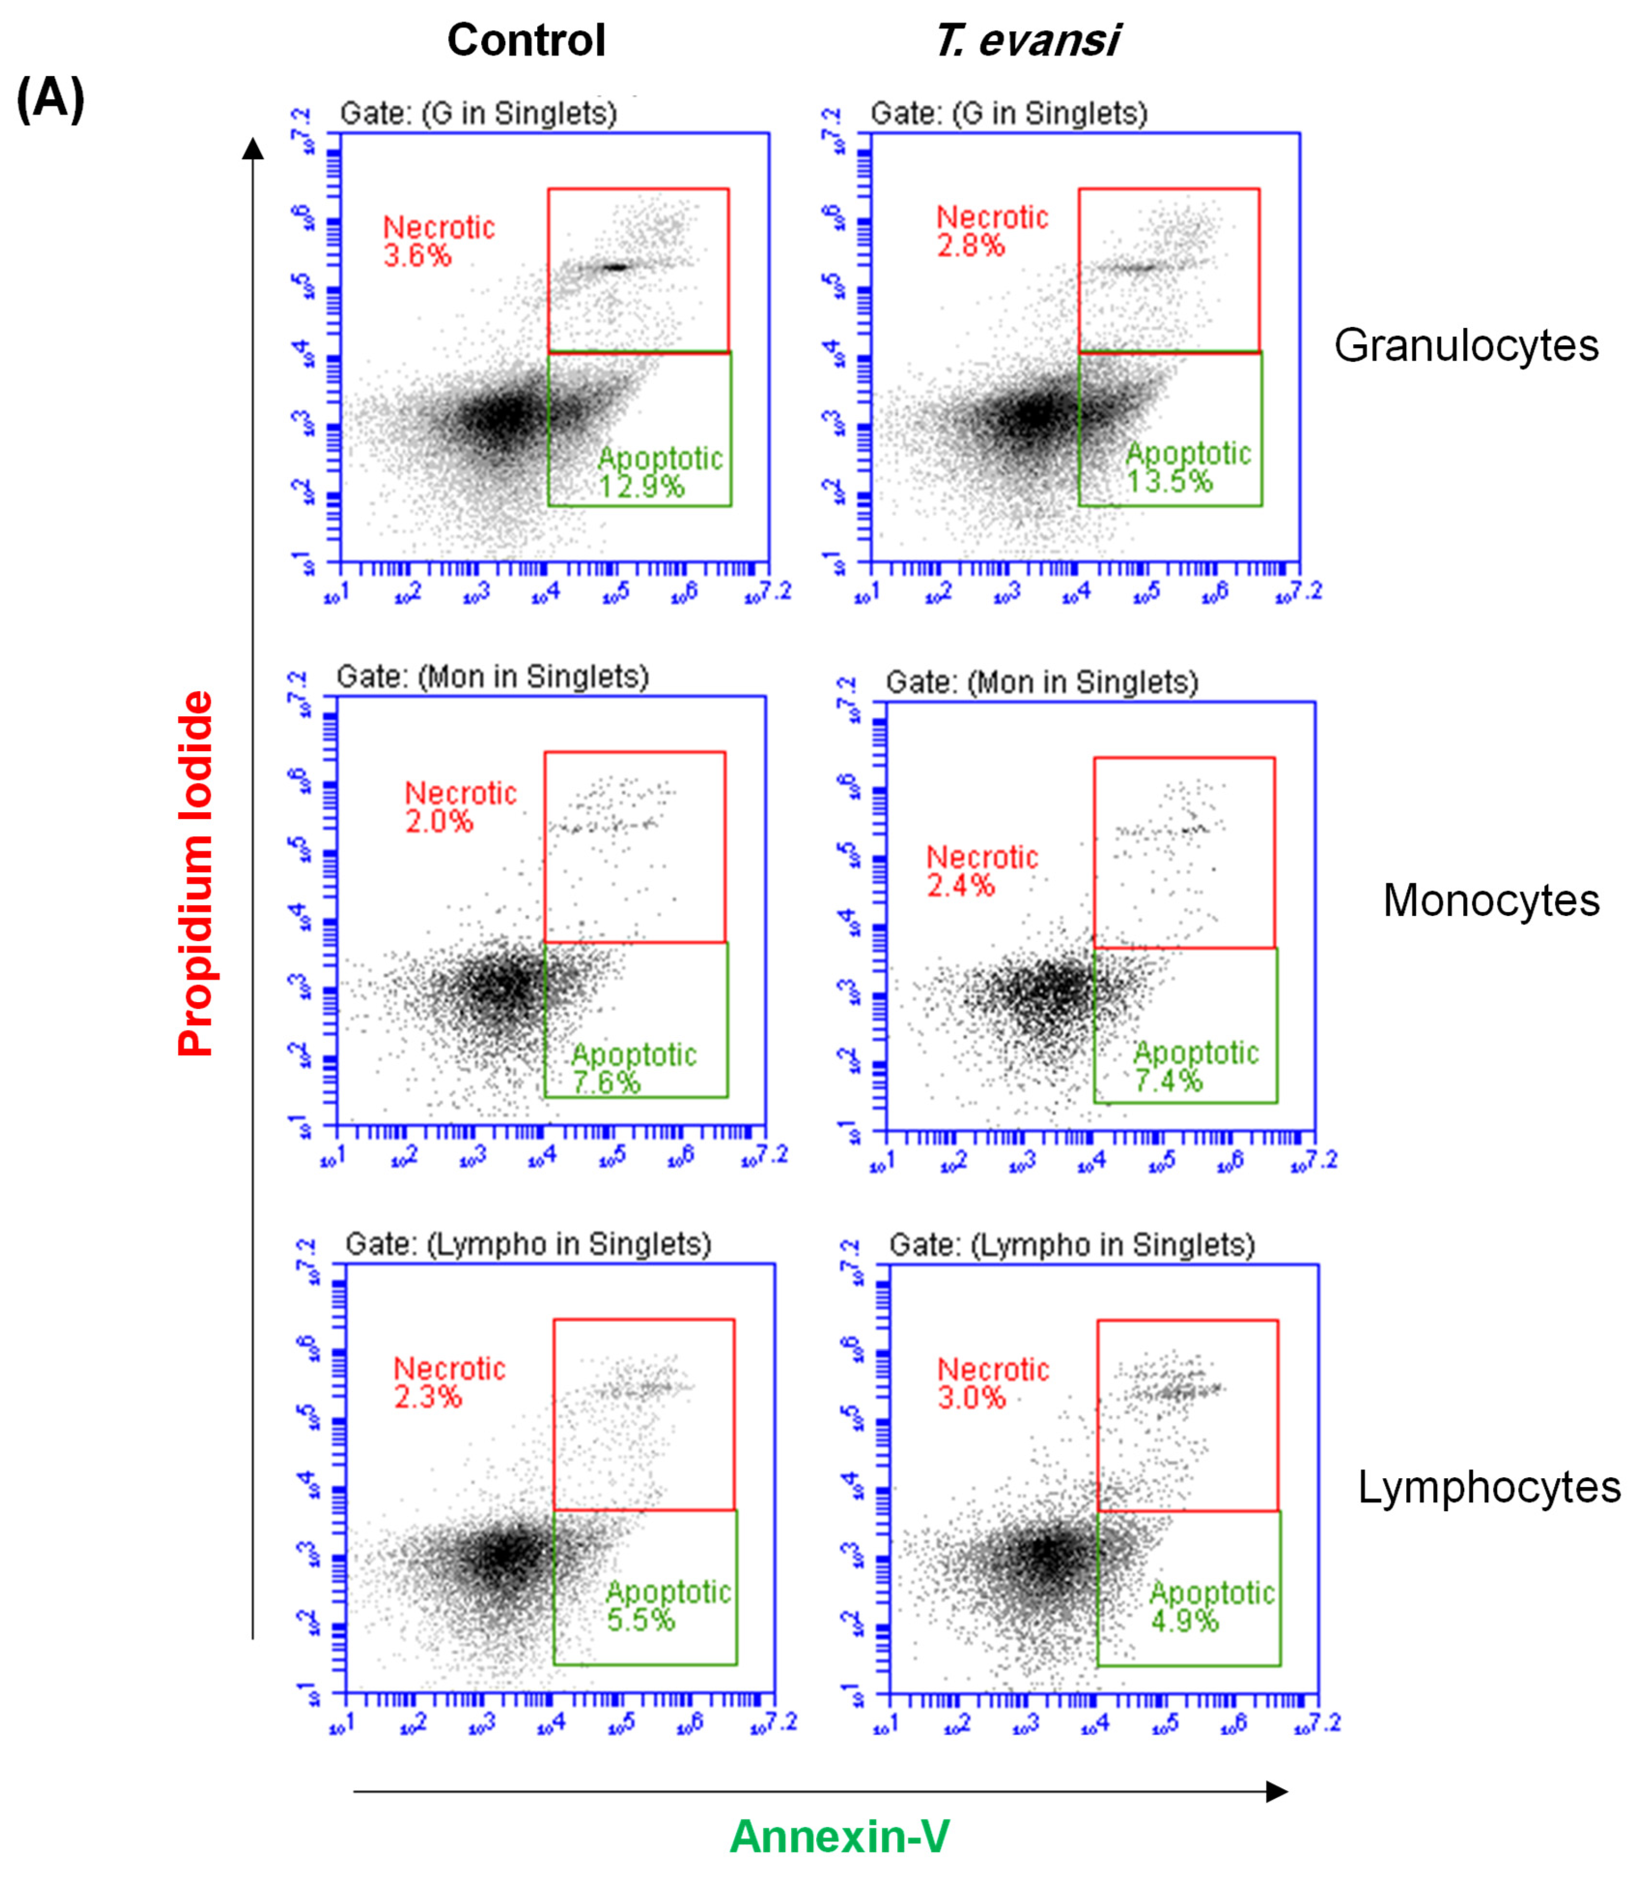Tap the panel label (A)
pos(50,99)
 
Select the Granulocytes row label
pos(1465,346)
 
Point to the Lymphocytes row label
pos(1488,1487)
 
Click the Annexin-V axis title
pos(839,1836)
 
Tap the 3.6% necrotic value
pos(417,256)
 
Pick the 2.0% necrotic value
pos(439,821)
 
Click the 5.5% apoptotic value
pos(641,1620)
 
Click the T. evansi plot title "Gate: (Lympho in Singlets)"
pos(1072,1245)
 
